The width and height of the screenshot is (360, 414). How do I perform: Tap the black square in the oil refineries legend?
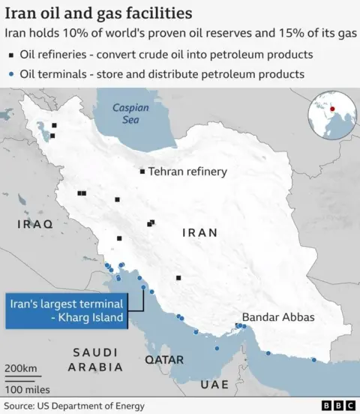[x=12, y=55]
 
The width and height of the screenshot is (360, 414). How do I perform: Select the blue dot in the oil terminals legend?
[x=12, y=74]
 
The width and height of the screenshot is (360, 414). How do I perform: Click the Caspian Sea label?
[x=130, y=113]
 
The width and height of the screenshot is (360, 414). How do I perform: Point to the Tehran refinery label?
[x=187, y=172]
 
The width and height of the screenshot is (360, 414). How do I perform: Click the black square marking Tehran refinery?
[x=142, y=172]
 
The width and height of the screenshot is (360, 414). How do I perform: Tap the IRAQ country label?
[x=35, y=223]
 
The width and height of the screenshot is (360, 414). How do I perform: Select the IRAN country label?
[x=200, y=232]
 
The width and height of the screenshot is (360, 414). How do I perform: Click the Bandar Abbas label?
[x=278, y=317]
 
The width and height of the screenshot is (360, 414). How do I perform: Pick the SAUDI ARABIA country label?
[x=94, y=360]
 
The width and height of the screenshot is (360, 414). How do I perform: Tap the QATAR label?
[x=164, y=360]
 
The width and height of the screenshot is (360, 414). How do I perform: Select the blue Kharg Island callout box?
[x=64, y=310]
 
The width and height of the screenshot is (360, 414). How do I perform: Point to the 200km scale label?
[x=20, y=368]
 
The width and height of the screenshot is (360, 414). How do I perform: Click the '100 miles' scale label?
[x=27, y=389]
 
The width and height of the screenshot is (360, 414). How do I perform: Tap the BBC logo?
[x=338, y=406]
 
